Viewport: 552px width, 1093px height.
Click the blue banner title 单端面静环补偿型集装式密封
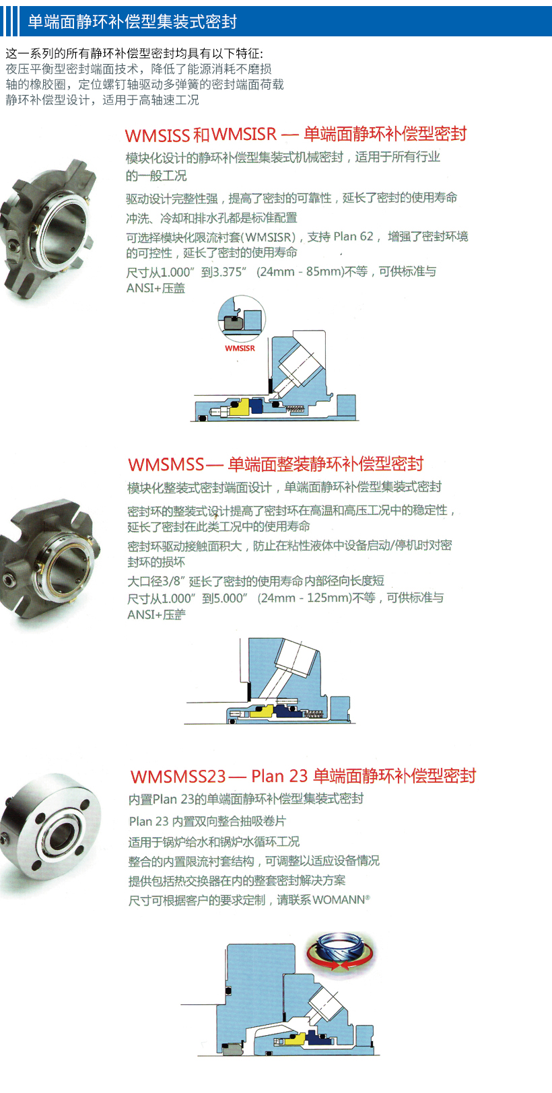[132, 22]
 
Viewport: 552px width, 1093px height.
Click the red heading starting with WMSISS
[296, 134]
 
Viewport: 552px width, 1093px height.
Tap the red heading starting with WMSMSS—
[276, 464]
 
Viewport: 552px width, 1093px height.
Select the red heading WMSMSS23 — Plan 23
[303, 776]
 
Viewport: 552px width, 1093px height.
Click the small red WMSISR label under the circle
[240, 348]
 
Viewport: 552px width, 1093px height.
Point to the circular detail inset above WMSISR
[242, 318]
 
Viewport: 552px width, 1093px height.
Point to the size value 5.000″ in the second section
[230, 598]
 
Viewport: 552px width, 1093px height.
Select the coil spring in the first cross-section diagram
[295, 409]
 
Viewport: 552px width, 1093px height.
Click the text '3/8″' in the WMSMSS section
[175, 581]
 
